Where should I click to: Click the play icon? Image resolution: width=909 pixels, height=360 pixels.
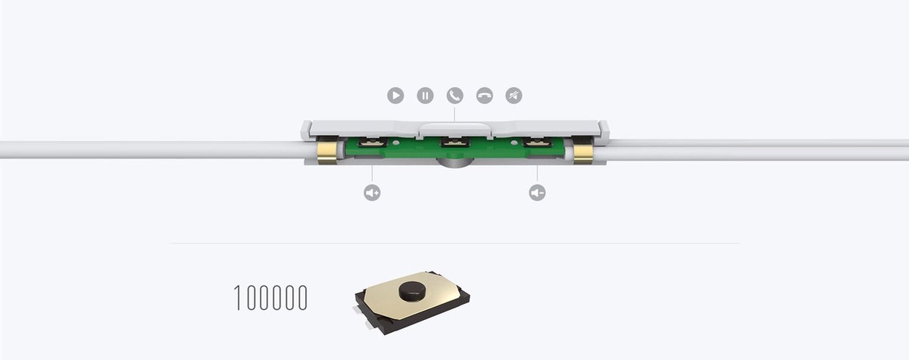coord(395,95)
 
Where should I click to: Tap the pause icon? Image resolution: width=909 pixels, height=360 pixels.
coord(425,95)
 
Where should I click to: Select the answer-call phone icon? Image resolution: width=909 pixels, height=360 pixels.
coord(454,95)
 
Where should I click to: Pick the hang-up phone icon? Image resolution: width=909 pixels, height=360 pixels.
coord(484,95)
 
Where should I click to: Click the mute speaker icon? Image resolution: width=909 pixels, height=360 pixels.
coord(514,95)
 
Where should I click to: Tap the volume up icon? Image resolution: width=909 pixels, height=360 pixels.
coord(372,193)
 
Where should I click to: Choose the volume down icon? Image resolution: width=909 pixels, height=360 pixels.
coord(537,193)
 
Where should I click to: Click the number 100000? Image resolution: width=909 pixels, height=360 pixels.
coord(270,298)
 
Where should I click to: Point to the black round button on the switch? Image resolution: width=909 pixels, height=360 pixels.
coord(411,291)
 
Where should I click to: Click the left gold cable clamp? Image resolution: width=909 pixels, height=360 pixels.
coord(327,152)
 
